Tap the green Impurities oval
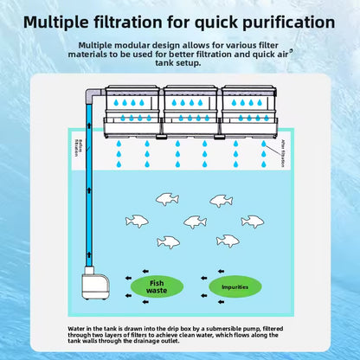pyautogui.click(x=235, y=286)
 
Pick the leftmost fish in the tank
pyautogui.click(x=137, y=222)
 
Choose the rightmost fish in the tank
pyautogui.click(x=252, y=222)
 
